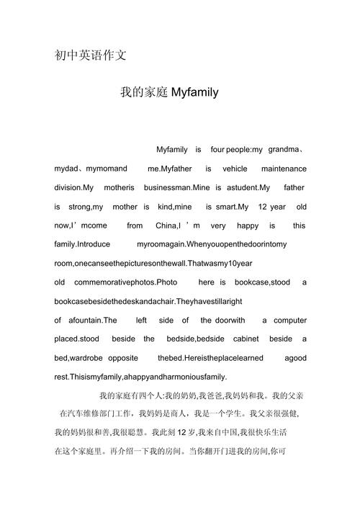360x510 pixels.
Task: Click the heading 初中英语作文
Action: click(91, 55)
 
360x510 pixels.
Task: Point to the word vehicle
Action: click(235, 169)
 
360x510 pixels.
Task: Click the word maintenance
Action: click(282, 169)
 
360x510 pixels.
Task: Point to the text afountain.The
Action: click(88, 320)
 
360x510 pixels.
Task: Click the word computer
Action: click(289, 320)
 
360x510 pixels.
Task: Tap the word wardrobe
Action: click(86, 358)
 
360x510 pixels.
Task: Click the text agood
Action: click(295, 358)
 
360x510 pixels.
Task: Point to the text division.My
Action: click(74, 187)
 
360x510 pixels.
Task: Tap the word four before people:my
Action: click(217, 150)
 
